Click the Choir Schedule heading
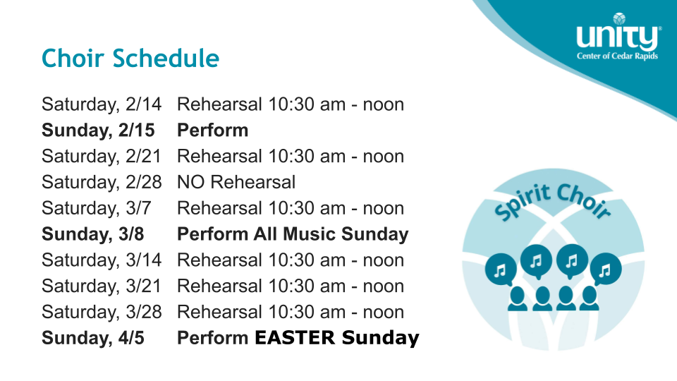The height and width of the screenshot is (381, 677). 130,59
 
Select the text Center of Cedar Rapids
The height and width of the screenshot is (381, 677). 618,56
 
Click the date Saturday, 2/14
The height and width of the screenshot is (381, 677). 102,104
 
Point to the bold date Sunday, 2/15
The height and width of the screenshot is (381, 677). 98,131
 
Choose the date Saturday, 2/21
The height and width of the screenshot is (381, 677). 102,157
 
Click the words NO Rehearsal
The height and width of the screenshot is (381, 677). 236,182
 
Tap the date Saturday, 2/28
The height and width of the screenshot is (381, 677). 102,182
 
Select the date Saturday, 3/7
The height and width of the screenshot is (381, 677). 97,208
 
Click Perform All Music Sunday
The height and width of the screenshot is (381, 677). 293,234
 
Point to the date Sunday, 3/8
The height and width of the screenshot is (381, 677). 93,234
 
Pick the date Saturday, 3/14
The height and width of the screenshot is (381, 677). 102,260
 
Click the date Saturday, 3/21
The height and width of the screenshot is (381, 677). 102,286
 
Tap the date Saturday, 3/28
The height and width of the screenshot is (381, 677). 102,312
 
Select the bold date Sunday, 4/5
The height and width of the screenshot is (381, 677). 93,338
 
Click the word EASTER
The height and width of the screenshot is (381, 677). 295,337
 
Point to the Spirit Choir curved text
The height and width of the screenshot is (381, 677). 553,200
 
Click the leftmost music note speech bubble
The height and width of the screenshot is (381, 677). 501,270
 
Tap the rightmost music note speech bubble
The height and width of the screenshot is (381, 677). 606,269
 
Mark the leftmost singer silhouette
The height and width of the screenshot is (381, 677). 517,299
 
